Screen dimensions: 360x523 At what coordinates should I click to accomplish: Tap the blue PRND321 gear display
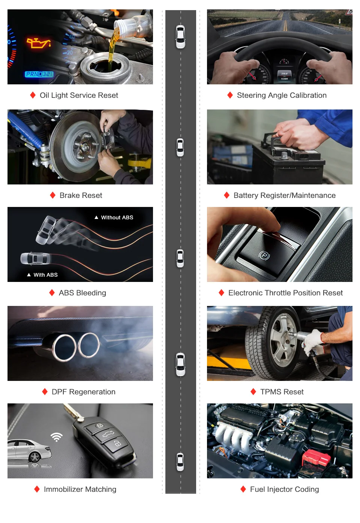tap(39, 74)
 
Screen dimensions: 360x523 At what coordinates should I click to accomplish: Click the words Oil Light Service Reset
tap(79, 95)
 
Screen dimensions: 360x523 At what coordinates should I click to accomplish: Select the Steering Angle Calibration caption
tap(282, 95)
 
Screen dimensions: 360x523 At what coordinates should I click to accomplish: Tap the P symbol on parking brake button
tap(264, 255)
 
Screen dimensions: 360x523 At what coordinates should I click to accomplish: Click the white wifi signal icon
tap(57, 437)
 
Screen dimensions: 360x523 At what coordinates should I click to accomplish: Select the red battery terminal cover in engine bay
tap(316, 458)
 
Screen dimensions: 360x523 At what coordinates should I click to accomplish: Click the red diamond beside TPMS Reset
tap(253, 391)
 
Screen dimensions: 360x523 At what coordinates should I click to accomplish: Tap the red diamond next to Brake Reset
tap(53, 195)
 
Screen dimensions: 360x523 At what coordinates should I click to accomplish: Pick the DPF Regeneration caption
tap(84, 392)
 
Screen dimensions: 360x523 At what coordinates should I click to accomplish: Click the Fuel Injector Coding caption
tap(284, 489)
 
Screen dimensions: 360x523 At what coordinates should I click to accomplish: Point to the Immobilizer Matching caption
tap(80, 489)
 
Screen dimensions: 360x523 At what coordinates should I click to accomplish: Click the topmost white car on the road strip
tap(180, 37)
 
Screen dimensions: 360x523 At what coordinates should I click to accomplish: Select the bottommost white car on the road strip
tap(180, 462)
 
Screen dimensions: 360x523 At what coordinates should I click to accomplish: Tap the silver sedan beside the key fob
tap(29, 450)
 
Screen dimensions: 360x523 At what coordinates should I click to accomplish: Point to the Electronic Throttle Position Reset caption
tap(285, 293)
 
